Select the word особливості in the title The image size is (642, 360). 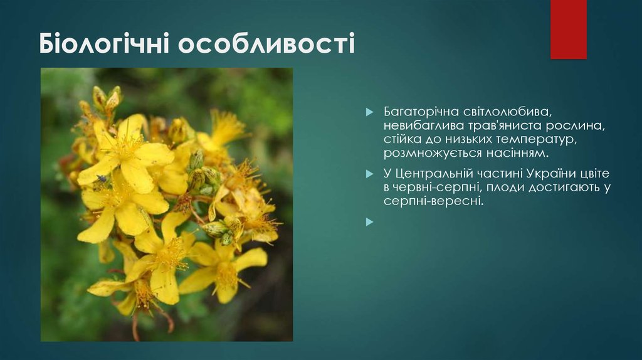[x=266, y=45]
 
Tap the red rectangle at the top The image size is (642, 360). [x=568, y=29]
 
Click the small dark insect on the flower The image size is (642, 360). [x=102, y=178]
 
